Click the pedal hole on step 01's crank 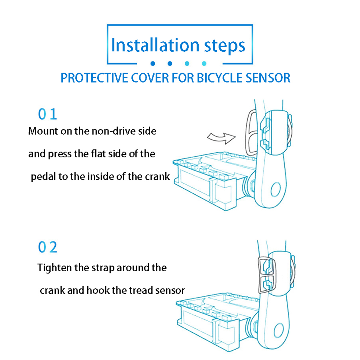coord(276,189)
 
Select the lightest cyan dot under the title coord(204,64)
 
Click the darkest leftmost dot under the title coord(152,64)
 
